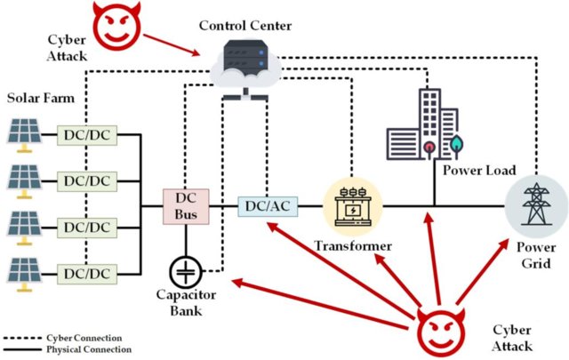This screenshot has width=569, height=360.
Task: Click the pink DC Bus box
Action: pos(185,205)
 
